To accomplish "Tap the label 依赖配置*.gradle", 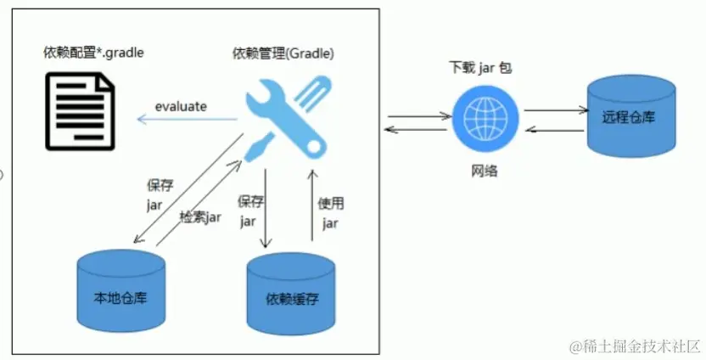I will [x=93, y=53].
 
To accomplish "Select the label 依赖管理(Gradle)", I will [x=283, y=53].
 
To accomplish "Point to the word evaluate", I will [x=181, y=106].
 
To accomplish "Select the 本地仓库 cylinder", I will [x=120, y=289].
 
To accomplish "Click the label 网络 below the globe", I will [x=485, y=171].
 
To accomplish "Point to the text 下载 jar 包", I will [x=480, y=68].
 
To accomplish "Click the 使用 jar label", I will [x=330, y=212].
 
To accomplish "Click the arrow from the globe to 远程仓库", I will [x=556, y=110].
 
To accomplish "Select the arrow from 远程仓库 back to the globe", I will [x=556, y=128].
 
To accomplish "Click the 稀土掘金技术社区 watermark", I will [x=636, y=346].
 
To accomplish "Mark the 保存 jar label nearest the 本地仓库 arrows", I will [x=159, y=193].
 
